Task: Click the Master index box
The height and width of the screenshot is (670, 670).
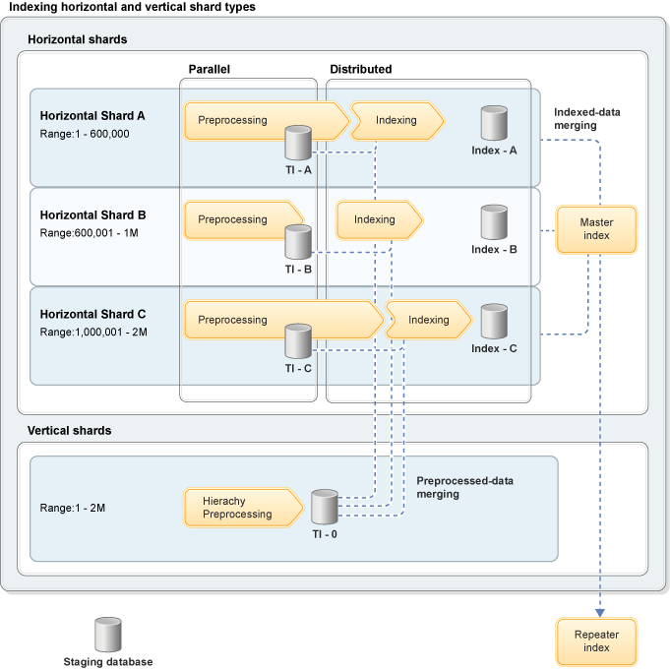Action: click(x=596, y=228)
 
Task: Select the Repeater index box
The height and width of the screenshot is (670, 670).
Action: click(x=596, y=640)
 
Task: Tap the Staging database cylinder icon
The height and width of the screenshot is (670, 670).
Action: click(x=107, y=635)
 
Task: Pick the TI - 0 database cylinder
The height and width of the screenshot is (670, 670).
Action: click(x=325, y=508)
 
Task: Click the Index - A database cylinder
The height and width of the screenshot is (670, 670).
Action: click(x=494, y=123)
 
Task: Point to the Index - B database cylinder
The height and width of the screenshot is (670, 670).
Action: click(x=494, y=222)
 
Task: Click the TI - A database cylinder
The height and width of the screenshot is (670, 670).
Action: click(x=298, y=143)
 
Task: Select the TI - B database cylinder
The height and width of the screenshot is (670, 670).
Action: click(x=298, y=242)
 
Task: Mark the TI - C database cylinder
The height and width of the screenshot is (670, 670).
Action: click(x=298, y=341)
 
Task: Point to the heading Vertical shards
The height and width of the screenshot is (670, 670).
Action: click(x=69, y=431)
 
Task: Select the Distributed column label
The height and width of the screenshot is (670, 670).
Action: click(x=360, y=70)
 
